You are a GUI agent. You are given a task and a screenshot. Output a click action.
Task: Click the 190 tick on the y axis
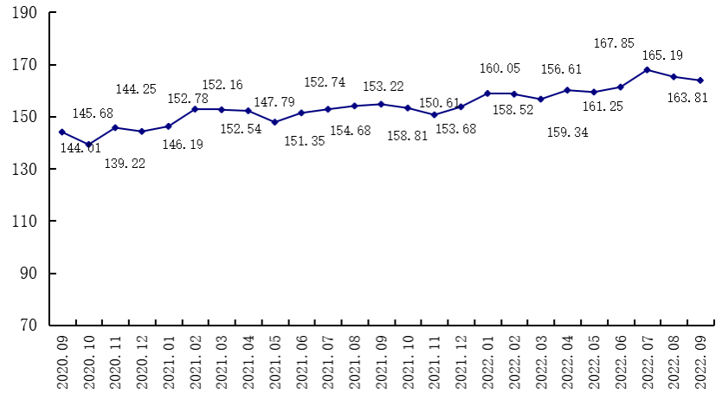(24, 13)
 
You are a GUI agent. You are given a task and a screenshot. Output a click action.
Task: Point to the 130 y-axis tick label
(24, 169)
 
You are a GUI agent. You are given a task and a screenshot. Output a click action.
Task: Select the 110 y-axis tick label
(24, 222)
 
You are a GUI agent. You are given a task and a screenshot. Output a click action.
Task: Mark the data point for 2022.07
(647, 69)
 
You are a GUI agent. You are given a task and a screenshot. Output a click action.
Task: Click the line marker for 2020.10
(88, 145)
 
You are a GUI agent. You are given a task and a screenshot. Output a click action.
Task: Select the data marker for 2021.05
(274, 122)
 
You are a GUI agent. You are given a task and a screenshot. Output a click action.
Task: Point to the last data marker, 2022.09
(700, 81)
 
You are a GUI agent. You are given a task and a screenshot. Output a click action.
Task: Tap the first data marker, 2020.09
(61, 132)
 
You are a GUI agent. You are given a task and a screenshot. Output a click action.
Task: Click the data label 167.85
(614, 42)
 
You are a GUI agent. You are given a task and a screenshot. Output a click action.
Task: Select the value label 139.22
(125, 163)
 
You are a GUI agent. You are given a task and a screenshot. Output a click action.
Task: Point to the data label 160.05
(500, 68)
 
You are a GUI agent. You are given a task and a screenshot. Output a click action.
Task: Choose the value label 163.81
(689, 99)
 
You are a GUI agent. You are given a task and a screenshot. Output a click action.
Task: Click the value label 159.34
(568, 132)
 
